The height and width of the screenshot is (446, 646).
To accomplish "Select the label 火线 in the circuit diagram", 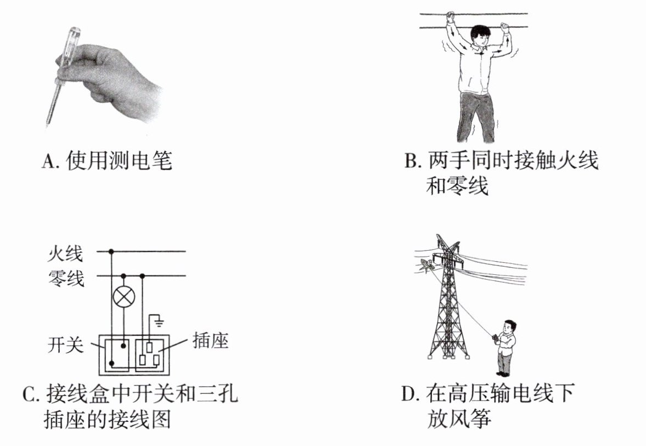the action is coord(65,253).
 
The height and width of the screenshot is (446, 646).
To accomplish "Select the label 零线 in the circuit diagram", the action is coord(66,278).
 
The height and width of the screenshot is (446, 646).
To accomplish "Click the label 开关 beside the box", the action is coord(65,345).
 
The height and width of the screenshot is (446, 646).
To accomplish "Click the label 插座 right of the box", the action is coord(210,341).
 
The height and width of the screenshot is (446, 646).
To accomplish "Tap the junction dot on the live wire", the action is coord(111,251).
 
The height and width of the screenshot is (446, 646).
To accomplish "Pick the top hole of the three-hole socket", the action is coord(149,347).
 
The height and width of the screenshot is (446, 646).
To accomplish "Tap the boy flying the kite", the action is coord(504,348).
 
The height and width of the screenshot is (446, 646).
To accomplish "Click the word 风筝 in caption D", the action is coord(470,419).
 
